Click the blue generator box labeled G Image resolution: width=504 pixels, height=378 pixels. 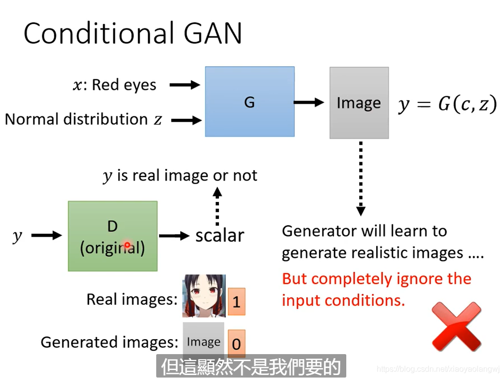pos(250,101)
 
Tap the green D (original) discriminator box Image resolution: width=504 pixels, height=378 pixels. pos(112,236)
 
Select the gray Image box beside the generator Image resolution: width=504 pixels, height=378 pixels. pos(359,103)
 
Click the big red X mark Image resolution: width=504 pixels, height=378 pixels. pos(456,326)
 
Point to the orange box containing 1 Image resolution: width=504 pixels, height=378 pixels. pos(236,301)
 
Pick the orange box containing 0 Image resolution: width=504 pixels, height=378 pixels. pos(236,344)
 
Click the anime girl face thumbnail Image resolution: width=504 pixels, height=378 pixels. pos(204,296)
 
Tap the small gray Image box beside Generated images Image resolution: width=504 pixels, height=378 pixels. pos(203,341)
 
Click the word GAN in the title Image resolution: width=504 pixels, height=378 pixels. pos(213,33)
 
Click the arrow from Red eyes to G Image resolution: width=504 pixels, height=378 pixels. pos(185,85)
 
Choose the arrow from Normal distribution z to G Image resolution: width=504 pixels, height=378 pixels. pos(187,120)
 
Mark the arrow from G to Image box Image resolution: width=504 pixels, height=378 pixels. pos(309,102)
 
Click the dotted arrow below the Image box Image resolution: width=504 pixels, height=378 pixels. pos(361,179)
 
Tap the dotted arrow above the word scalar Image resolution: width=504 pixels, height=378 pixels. pos(217,206)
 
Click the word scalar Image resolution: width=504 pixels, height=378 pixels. pos(220,235)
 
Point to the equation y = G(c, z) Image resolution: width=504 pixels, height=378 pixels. pos(447,104)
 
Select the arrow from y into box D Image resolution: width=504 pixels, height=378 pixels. pos(47,236)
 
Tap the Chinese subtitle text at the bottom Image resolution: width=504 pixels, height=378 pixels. pos(251,367)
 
